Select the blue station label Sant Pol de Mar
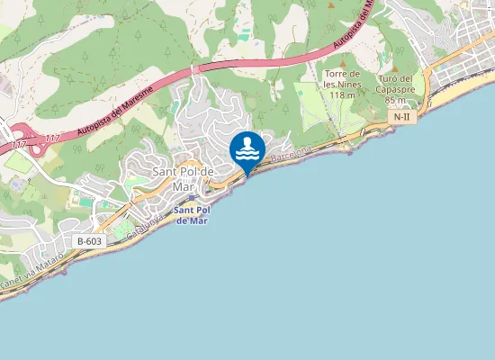click(x=192, y=214)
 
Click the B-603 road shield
click(x=89, y=241)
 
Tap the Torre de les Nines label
click(x=341, y=78)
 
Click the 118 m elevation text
click(x=340, y=94)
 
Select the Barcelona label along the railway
click(x=290, y=152)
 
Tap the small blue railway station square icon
click(x=192, y=197)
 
